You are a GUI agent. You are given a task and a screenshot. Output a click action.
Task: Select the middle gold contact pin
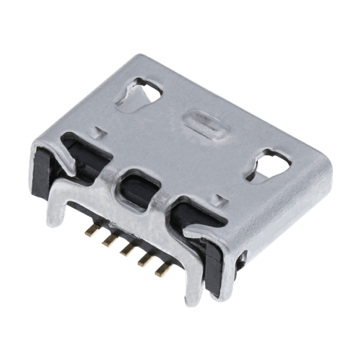[x=127, y=250]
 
